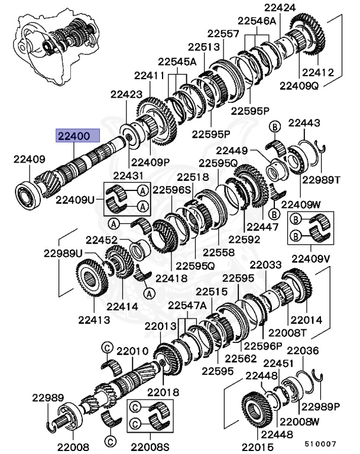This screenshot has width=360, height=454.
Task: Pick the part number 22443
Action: [x=304, y=123]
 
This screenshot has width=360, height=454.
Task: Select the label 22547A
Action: [x=187, y=305]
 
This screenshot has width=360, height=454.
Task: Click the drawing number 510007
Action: [x=320, y=443]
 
